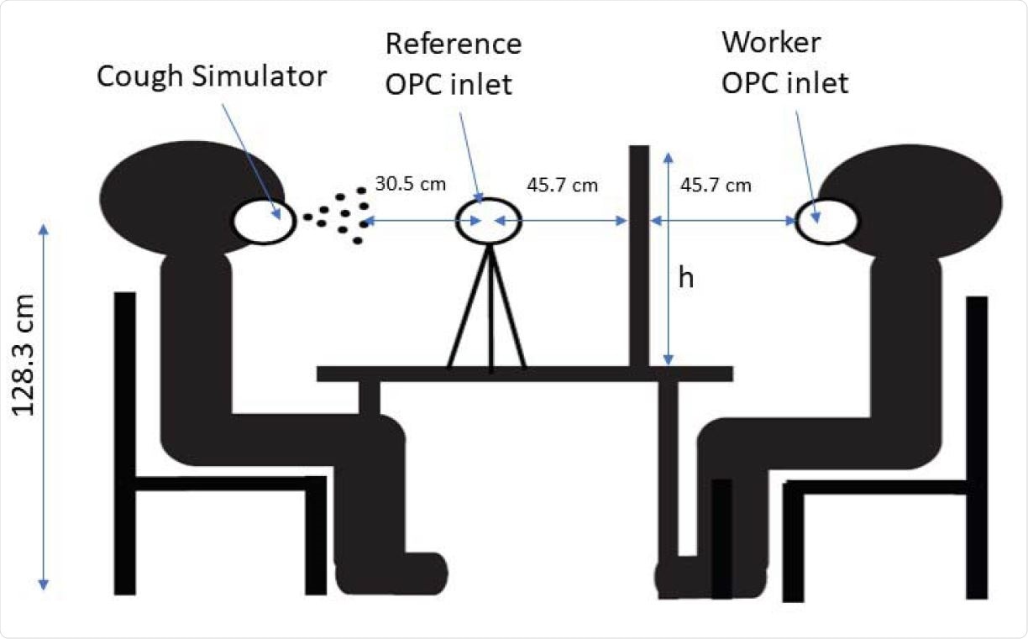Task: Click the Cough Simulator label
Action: (x=210, y=77)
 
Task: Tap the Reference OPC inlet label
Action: (x=452, y=64)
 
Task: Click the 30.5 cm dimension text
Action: (x=410, y=184)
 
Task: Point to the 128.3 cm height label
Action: (x=24, y=355)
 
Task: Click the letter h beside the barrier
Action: (x=686, y=279)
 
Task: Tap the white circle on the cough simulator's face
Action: (x=265, y=222)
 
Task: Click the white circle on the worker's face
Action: (x=826, y=222)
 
